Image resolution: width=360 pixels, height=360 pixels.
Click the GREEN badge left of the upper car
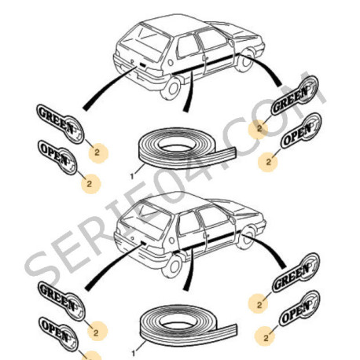pyautogui.click(x=60, y=123)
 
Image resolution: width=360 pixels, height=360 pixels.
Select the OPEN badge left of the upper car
pyautogui.click(x=57, y=157)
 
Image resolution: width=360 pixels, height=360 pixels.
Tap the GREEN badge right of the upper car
pyautogui.click(x=295, y=95)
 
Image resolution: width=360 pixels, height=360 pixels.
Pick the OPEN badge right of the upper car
pyautogui.click(x=301, y=130)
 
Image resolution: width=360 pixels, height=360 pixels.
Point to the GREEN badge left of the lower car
pyautogui.click(x=61, y=301)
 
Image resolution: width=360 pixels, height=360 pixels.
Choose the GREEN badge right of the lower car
pyautogui.click(x=296, y=273)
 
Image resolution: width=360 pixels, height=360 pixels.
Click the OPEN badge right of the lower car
pyautogui.click(x=299, y=308)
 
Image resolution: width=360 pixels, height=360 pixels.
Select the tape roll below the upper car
pyautogui.click(x=187, y=149)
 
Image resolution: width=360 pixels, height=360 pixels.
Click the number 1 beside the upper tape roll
pyautogui.click(x=132, y=176)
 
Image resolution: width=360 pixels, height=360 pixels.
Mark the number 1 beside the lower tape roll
pyautogui.click(x=134, y=354)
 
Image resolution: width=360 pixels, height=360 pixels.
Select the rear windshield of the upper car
pyautogui.click(x=143, y=42)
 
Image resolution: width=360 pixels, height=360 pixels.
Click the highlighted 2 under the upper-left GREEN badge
pyautogui.click(x=97, y=152)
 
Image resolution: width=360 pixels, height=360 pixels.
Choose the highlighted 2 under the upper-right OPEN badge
pyautogui.click(x=268, y=162)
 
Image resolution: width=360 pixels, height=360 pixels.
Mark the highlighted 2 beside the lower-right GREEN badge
pyautogui.click(x=259, y=305)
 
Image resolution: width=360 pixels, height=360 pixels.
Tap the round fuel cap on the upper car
pyautogui.click(x=171, y=62)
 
